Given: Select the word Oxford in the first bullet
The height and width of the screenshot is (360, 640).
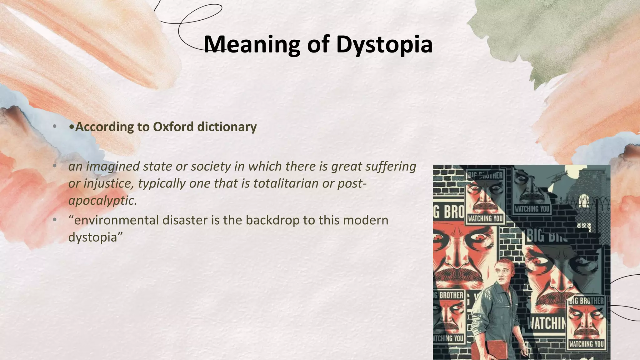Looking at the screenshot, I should tap(173, 127).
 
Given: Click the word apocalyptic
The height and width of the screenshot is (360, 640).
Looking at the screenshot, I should tap(102, 200).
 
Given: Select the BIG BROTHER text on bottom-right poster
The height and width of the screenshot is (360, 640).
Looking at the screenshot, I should tap(586, 301).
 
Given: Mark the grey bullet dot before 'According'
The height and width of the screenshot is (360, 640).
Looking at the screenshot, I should tap(55, 127).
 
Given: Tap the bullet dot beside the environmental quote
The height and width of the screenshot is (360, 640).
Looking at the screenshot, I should tap(55, 220).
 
